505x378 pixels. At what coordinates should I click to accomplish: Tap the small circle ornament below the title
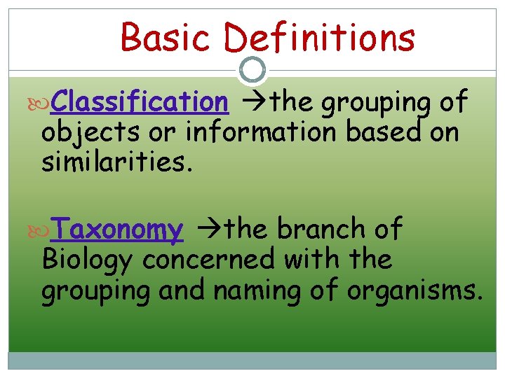tap(252, 69)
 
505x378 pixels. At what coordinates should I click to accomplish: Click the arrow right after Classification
tap(249, 103)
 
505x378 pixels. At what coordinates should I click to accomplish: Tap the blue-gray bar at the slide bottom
tap(252, 360)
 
